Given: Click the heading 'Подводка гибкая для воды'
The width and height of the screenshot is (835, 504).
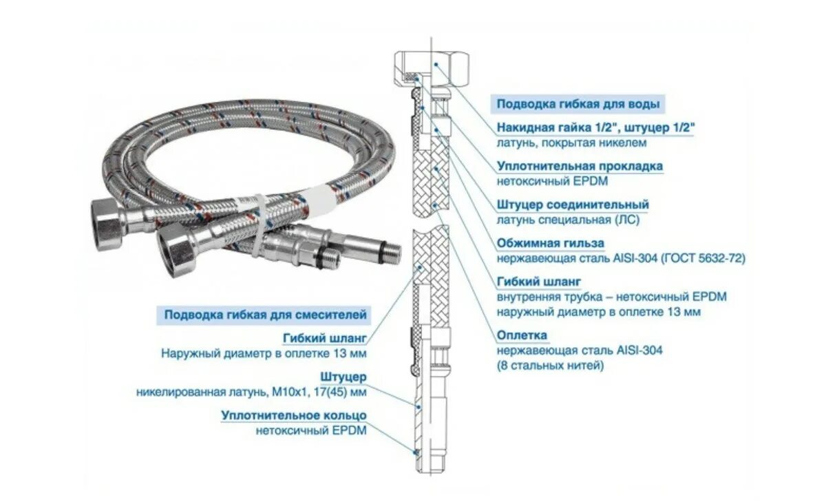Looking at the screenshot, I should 578,105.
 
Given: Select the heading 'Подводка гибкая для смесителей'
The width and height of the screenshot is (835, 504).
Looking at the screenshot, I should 265,315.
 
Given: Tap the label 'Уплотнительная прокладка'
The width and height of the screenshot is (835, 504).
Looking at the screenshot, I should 580,166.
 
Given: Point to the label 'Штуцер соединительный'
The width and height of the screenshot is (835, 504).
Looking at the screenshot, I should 573,204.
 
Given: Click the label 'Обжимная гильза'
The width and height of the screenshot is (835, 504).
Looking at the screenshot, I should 551,243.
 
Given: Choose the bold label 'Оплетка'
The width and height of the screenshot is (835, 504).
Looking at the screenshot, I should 522,335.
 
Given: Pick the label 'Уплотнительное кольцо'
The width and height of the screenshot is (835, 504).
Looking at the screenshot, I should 294,416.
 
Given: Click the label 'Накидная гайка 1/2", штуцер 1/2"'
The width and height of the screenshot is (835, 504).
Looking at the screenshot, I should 595,128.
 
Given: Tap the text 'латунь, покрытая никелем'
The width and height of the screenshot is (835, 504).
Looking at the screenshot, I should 571,143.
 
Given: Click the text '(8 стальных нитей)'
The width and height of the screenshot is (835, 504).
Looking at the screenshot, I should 551,366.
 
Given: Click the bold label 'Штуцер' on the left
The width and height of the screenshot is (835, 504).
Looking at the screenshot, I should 343,377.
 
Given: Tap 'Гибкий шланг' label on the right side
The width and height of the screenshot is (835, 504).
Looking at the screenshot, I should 539,282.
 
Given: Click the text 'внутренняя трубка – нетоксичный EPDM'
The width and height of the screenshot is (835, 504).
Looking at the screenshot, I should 611,297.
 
